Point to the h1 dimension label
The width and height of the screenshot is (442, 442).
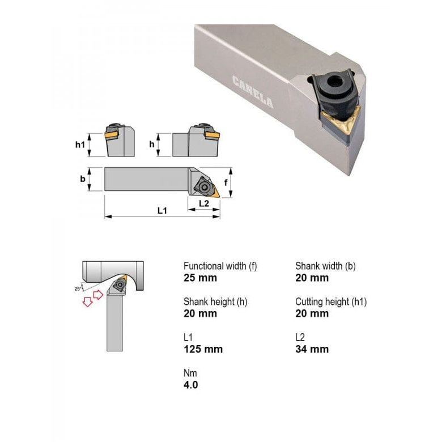pos(80,144)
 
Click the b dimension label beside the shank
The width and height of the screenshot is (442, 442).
pos(83,179)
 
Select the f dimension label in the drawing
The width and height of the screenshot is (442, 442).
pos(226,182)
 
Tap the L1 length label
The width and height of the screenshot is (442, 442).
pos(162,211)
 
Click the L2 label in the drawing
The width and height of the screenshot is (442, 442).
pos(204,203)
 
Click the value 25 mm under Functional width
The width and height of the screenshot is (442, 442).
pos(200,278)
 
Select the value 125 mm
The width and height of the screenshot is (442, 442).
pos(203,349)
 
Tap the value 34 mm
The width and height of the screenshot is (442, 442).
pos(312,349)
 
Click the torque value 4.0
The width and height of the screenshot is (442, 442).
pos(191,385)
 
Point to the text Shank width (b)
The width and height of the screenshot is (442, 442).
pos(325,266)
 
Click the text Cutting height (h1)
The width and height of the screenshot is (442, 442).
pos(331,301)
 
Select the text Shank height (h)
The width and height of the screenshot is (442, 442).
pos(215,301)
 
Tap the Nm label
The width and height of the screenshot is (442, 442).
pos(190,373)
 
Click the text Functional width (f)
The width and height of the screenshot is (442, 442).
pos(220,266)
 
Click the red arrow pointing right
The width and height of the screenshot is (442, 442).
pos(97,294)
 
